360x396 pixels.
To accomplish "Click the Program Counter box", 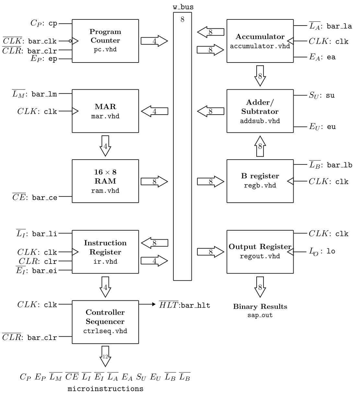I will click(x=105, y=41).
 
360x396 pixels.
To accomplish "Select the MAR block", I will click(x=105, y=111).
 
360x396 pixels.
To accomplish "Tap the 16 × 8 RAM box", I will click(x=105, y=181).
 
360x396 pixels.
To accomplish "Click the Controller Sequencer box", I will click(x=105, y=322).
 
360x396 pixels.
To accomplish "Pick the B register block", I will click(x=260, y=181).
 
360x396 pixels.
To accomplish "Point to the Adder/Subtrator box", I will click(x=260, y=111).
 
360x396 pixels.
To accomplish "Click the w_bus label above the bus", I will click(x=182, y=7).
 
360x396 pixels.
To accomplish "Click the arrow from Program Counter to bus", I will click(x=154, y=41).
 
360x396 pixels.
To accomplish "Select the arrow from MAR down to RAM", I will click(x=105, y=146).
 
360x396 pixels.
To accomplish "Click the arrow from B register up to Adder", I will click(x=260, y=146).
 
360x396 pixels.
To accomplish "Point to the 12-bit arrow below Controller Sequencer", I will click(x=105, y=356).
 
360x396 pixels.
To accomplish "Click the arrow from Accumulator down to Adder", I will click(x=260, y=76).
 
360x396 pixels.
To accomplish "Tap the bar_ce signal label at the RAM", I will click(x=44, y=198).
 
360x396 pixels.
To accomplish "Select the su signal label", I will click(x=331, y=96).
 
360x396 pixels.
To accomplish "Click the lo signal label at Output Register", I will click(x=331, y=251).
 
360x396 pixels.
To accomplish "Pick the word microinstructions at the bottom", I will click(x=105, y=389).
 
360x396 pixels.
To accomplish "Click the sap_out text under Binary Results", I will click(x=260, y=315).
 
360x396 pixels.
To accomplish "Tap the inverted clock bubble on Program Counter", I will click(x=70, y=41).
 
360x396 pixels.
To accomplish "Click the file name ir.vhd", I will click(x=105, y=261).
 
